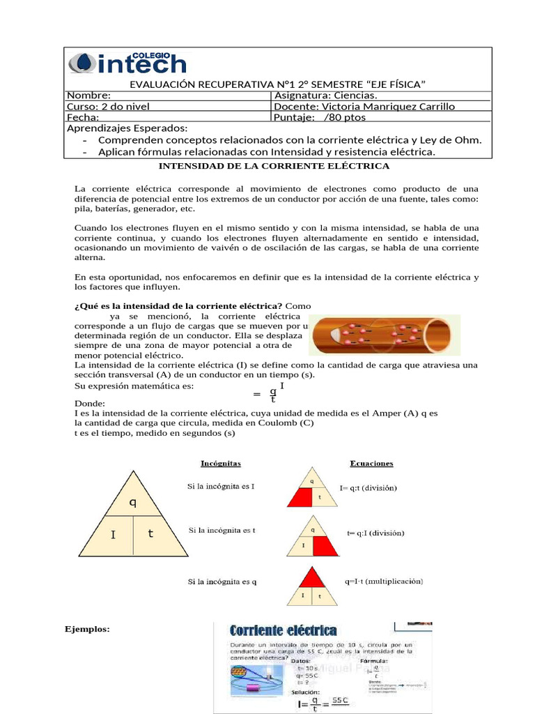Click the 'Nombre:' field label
pos(88,96)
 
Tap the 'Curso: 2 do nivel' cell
pos(108,107)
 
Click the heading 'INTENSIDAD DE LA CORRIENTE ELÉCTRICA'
pos(274,166)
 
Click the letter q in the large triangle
pos(132,501)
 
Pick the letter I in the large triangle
pos(113,535)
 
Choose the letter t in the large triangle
pos(150,533)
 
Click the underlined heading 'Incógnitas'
pos(221,463)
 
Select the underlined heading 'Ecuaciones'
pos(371,463)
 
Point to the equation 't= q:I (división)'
pos(376,533)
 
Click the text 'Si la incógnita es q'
pos(222,582)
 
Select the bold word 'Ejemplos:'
pos(87,629)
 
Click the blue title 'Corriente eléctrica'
pos(283,631)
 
